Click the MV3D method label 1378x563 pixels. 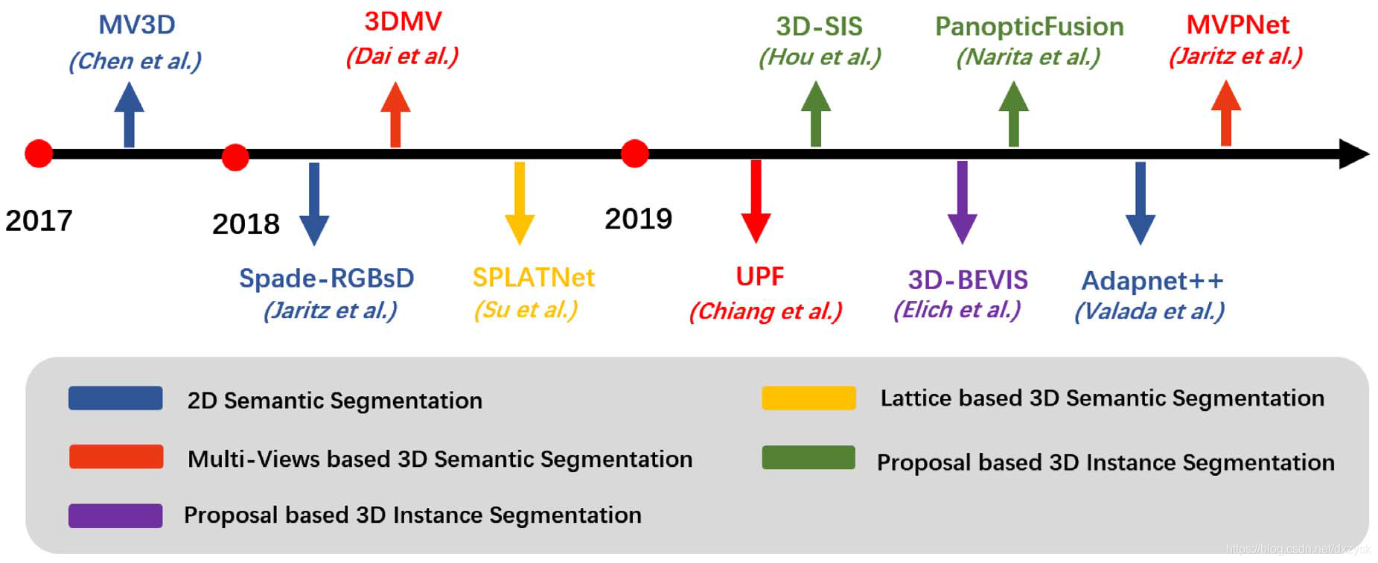click(137, 25)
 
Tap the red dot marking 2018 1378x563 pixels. click(235, 157)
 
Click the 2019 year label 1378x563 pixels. click(638, 219)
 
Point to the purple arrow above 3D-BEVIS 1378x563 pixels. click(962, 202)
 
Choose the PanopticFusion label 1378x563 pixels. click(1029, 27)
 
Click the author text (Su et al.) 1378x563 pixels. click(526, 309)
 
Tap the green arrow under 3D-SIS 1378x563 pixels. click(816, 113)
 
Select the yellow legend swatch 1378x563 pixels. click(808, 398)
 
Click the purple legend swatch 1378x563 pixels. click(115, 515)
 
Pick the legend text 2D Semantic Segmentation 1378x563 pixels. click(334, 401)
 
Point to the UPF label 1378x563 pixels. click(759, 276)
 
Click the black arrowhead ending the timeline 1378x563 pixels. click(1353, 154)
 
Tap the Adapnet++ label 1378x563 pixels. click(1152, 281)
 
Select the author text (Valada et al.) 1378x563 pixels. click(1149, 311)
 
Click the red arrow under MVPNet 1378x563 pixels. click(1225, 113)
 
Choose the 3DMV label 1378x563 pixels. click(403, 22)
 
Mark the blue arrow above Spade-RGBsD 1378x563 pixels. click(314, 203)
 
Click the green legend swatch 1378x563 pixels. click(808, 457)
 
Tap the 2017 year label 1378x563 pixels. click(39, 220)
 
